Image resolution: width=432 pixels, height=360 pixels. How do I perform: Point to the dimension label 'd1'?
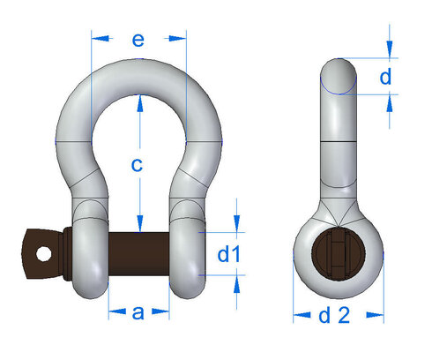(228, 254)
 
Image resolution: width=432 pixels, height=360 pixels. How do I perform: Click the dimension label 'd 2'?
(339, 314)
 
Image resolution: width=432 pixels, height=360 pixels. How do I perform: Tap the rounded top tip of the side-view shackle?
(339, 74)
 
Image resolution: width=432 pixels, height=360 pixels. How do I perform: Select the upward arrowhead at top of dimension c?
(138, 101)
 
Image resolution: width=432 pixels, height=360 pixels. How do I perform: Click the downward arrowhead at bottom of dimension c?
(138, 224)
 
